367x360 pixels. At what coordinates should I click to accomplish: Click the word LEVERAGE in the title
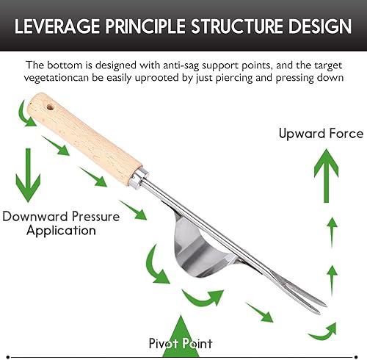tap(57, 26)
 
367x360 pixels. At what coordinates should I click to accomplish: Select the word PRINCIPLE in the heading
tap(145, 26)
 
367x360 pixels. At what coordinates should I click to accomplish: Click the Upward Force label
tap(321, 134)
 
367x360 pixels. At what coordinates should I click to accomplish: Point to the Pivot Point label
tap(181, 343)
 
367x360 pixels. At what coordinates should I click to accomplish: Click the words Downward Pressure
tap(61, 217)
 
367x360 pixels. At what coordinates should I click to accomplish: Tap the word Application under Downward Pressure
tap(61, 231)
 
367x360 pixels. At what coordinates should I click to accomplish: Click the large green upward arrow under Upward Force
tap(326, 176)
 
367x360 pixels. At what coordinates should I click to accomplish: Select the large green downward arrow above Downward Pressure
tap(28, 175)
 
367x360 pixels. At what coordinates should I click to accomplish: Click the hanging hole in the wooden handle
tap(51, 107)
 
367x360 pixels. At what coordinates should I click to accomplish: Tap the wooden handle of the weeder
tap(84, 139)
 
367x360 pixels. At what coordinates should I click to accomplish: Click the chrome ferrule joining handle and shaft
tap(139, 179)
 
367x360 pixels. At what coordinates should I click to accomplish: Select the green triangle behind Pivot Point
tap(181, 336)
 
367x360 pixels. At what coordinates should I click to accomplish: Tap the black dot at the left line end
tap(8, 357)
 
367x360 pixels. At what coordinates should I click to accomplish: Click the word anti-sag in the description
tap(181, 65)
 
